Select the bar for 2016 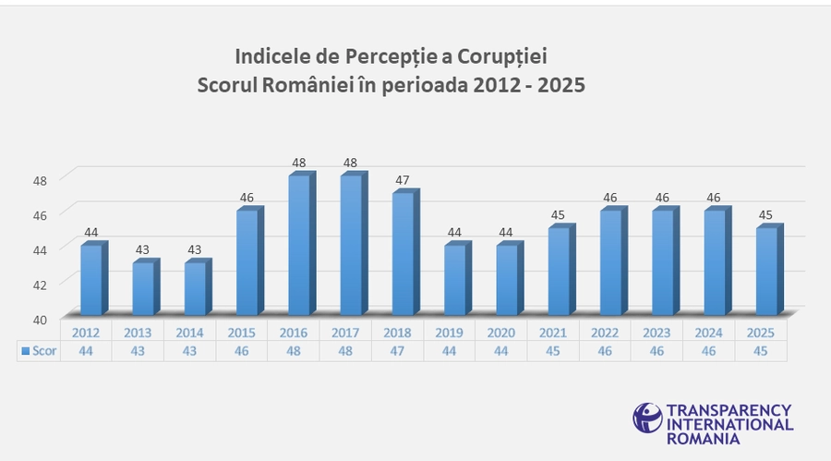pos(298,245)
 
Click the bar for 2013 pos(142,288)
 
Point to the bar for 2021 pos(558,271)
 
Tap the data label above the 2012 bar pos(90,232)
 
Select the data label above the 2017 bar pos(350,163)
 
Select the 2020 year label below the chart pos(501,333)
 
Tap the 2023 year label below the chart pos(657,333)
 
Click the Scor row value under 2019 pos(449,352)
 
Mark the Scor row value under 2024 pos(709,352)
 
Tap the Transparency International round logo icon pos(647,417)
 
